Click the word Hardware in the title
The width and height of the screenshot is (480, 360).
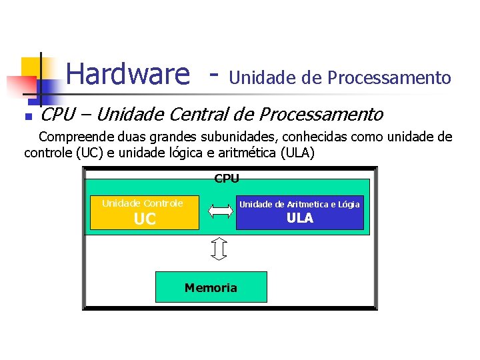click(128, 74)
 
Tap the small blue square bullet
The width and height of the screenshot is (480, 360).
click(27, 117)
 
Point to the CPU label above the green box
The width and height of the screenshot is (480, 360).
click(227, 179)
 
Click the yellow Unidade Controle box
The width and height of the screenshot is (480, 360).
click(145, 212)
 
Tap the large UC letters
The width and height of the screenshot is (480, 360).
click(145, 219)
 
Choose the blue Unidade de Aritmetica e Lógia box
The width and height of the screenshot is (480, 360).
click(299, 212)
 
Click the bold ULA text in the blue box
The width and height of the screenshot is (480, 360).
click(300, 219)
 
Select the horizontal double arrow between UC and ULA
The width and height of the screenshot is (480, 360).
click(219, 211)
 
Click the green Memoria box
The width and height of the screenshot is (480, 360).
click(211, 287)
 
